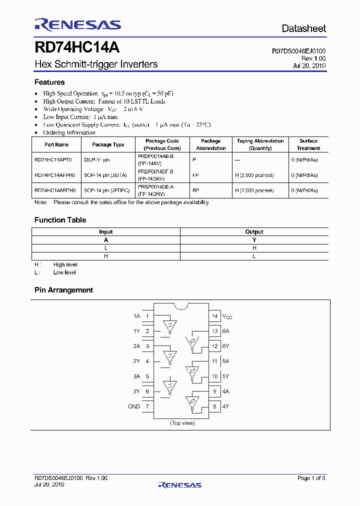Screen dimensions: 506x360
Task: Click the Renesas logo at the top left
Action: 77,24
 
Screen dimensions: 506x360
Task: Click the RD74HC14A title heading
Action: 76,47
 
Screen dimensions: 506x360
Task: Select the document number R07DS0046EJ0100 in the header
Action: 298,51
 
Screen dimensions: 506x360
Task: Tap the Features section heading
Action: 49,82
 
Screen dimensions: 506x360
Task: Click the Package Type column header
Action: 108,144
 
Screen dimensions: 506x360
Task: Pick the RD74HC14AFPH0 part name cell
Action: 55,175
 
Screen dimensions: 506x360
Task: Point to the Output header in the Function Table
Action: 254,232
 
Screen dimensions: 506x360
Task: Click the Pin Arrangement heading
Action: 63,290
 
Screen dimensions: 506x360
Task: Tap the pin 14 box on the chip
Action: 215,316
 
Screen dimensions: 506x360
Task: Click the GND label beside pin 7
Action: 134,406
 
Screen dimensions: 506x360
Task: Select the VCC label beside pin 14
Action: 227,316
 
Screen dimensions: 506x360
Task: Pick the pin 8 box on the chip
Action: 215,406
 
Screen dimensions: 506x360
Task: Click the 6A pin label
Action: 226,331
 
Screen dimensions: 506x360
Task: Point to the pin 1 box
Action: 147,316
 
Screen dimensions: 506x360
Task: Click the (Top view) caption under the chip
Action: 182,423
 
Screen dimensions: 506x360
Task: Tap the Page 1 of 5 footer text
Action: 311,478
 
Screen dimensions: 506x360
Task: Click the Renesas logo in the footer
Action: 179,484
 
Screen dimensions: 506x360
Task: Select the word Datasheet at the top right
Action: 303,28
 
